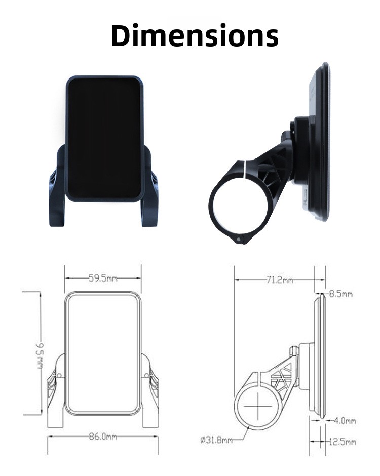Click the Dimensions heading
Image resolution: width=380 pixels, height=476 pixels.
[x=195, y=35]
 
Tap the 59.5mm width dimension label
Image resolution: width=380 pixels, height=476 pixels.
[x=103, y=278]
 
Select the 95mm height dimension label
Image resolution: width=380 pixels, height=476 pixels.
[x=40, y=356]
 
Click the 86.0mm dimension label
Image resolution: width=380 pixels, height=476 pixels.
[x=103, y=437]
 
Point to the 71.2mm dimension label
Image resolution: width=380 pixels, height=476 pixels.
[x=280, y=280]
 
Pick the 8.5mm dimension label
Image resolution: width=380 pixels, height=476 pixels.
[x=341, y=294]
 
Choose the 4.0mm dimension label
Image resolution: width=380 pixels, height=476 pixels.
[x=345, y=421]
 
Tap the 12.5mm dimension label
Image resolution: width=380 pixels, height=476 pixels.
[x=343, y=442]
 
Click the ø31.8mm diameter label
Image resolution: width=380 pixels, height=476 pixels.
[x=216, y=440]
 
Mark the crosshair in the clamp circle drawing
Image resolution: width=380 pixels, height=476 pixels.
[x=258, y=407]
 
